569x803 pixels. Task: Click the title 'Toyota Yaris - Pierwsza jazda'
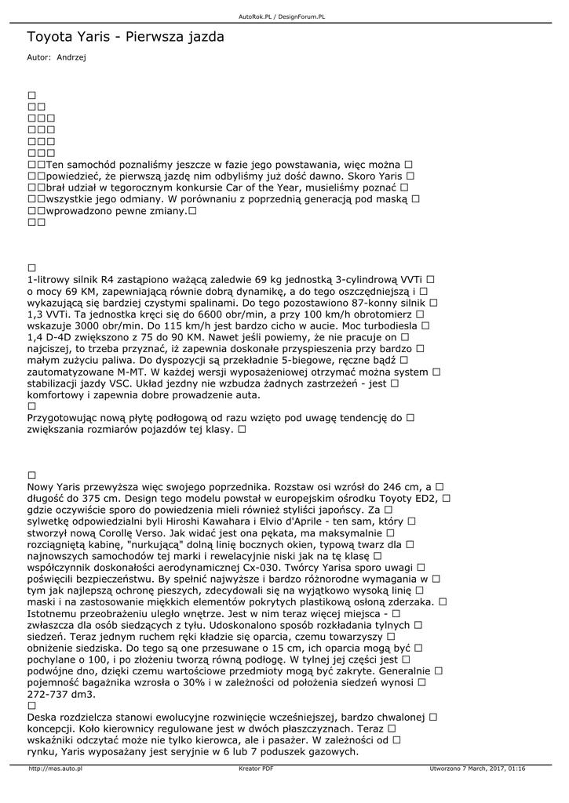[126, 37]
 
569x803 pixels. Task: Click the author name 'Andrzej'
[71, 57]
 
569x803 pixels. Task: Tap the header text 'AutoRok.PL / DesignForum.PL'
[283, 16]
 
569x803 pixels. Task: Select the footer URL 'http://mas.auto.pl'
[55, 768]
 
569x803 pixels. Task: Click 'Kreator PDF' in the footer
[256, 768]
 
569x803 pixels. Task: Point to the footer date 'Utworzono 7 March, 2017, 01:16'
[477, 768]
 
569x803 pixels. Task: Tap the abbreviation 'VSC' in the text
[127, 384]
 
